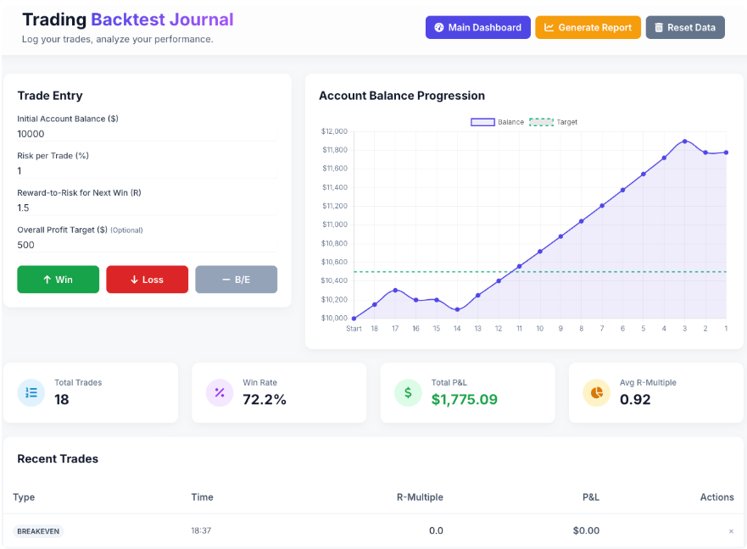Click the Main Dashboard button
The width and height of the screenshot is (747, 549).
[x=477, y=27]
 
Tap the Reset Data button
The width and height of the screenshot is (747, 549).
[x=684, y=27]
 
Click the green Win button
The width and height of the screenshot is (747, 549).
[x=58, y=280]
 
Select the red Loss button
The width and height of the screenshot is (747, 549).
[x=147, y=280]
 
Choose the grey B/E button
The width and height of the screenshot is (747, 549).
[x=236, y=280]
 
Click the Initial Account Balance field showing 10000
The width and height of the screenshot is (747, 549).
[x=147, y=134]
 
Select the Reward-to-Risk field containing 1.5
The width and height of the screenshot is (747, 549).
[x=147, y=208]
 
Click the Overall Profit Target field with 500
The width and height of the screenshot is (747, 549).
[x=147, y=245]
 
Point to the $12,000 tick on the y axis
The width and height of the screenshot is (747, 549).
[x=334, y=131]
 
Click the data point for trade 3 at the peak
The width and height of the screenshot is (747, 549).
[x=684, y=141]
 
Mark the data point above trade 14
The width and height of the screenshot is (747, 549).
[x=457, y=309]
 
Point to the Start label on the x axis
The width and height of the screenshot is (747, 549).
[x=354, y=329]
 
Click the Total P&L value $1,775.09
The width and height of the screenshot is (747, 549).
[x=464, y=399]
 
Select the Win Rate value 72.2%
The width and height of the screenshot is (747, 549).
[x=265, y=399]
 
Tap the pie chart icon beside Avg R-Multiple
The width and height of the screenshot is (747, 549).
[x=596, y=392]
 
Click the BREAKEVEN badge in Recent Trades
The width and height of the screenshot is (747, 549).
[x=38, y=531]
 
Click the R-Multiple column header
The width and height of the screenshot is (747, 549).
[x=420, y=497]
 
